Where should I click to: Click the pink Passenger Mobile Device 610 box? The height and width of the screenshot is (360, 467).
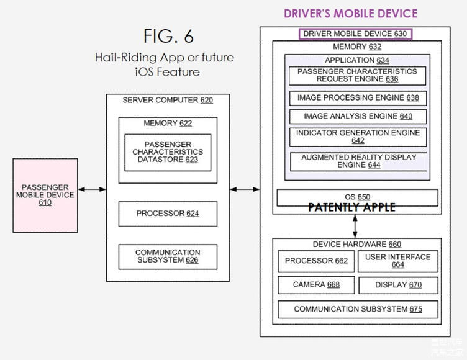[45, 195]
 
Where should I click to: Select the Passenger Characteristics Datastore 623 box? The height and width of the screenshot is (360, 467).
[168, 152]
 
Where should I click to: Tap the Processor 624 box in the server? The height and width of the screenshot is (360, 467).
[168, 214]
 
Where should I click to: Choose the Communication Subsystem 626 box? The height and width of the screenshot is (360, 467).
[168, 256]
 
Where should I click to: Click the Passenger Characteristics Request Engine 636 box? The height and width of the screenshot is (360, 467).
[357, 76]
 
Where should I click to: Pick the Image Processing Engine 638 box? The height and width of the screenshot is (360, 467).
[357, 98]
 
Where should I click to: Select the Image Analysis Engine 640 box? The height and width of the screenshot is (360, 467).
[357, 116]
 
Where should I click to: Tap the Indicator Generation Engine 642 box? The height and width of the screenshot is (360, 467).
[357, 137]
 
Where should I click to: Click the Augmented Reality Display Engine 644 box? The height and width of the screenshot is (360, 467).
[358, 161]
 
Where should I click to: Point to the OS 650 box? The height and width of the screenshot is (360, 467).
[357, 197]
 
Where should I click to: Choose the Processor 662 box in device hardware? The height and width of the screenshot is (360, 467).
[316, 261]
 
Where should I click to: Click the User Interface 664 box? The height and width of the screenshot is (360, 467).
[397, 261]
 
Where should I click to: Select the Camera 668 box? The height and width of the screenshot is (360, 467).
[316, 285]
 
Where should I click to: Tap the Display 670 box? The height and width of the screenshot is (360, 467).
[397, 285]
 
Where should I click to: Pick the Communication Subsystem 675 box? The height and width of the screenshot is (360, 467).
[357, 309]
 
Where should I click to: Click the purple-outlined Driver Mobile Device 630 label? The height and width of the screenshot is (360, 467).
[355, 34]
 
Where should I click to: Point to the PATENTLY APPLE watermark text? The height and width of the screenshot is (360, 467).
[351, 208]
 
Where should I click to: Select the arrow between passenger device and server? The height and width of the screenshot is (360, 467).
[92, 189]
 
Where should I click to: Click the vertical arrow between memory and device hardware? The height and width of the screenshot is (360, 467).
[355, 222]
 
